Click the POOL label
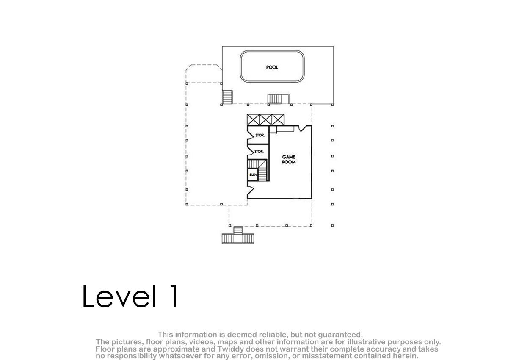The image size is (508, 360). [x=272, y=67]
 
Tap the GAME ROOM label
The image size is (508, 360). [x=289, y=159]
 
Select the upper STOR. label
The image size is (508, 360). [x=260, y=135]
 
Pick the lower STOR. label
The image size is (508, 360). [x=259, y=152]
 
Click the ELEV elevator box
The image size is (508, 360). [x=253, y=174]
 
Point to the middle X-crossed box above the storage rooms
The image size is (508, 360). [x=265, y=120]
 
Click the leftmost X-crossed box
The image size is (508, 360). [x=253, y=120]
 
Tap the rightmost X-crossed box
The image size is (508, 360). [x=278, y=120]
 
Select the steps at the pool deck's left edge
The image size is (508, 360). [x=227, y=97]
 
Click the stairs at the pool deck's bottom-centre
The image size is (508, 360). [x=278, y=99]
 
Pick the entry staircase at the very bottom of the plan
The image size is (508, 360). [x=238, y=235]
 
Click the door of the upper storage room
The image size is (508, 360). [x=250, y=135]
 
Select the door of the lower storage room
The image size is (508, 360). [x=250, y=152]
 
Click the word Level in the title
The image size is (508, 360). [x=119, y=296]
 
